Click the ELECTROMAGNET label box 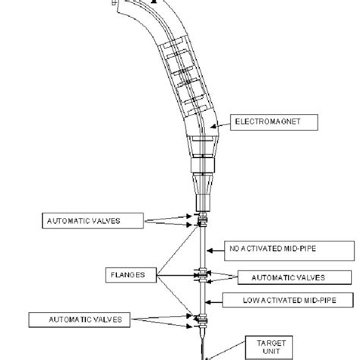coord(274,122)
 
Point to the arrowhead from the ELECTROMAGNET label coord(213,126)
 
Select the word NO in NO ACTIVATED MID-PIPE coord(234,248)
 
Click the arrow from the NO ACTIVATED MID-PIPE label coord(216,251)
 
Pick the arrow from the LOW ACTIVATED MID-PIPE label coord(213,302)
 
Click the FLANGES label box coord(131,275)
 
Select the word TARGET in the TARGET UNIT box coord(271,343)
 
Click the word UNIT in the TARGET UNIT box coord(271,352)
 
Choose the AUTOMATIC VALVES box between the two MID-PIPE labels coord(295,277)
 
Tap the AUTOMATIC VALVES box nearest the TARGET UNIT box coord(80,320)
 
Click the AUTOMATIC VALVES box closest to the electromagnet coord(93,221)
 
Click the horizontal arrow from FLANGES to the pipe coord(177,275)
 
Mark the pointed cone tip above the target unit coord(203,339)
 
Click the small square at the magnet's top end coord(114,3)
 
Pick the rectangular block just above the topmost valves coord(203,203)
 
